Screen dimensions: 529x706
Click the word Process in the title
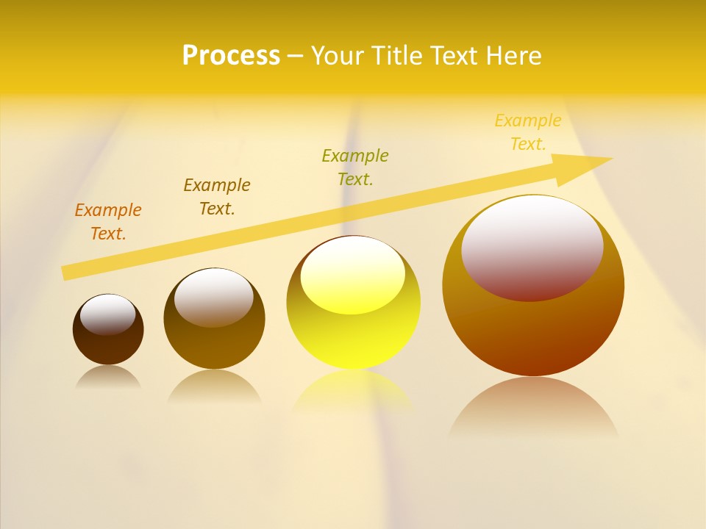pyautogui.click(x=231, y=56)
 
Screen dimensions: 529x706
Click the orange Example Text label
pyautogui.click(x=108, y=222)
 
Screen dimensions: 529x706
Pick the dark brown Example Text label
pyautogui.click(x=217, y=197)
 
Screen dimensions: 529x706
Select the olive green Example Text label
pyautogui.click(x=355, y=167)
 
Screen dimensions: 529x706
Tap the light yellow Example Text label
pyautogui.click(x=528, y=132)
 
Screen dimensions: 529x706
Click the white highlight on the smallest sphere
pyautogui.click(x=108, y=314)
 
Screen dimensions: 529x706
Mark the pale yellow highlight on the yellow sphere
pyautogui.click(x=353, y=274)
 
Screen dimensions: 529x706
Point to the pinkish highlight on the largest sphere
pyautogui.click(x=532, y=247)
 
